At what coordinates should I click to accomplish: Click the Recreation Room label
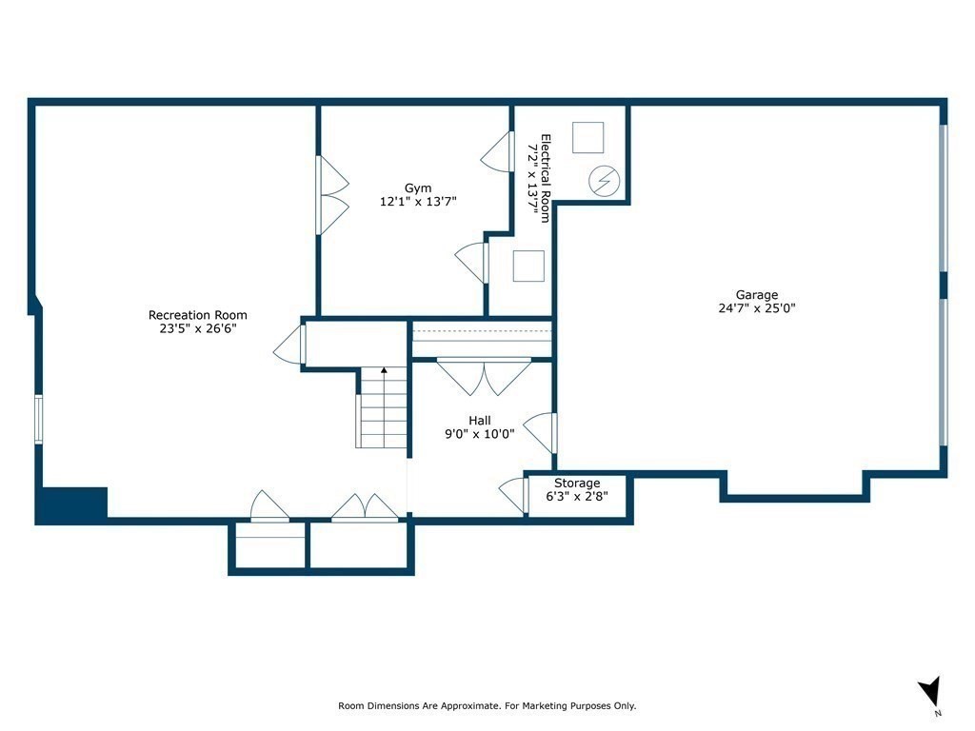pos(197,315)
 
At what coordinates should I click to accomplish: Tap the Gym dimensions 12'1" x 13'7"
pos(418,202)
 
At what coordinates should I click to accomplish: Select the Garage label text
pos(756,295)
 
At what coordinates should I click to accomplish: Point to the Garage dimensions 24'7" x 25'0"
pos(756,308)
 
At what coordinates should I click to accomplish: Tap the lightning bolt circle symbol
pos(604,181)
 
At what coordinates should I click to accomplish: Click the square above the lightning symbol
pos(588,138)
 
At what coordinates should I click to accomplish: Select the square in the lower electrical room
pos(528,266)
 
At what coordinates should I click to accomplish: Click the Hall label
pos(480,420)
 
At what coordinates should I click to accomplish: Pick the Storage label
pos(577,484)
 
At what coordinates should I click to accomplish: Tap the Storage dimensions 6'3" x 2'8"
pos(577,497)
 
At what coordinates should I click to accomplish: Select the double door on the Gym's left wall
pos(332,195)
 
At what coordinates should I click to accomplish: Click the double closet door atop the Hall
pos(484,376)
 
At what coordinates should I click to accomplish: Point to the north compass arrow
pos(930,692)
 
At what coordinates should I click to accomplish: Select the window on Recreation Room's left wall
pos(39,419)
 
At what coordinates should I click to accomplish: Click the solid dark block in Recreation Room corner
pos(72,504)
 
